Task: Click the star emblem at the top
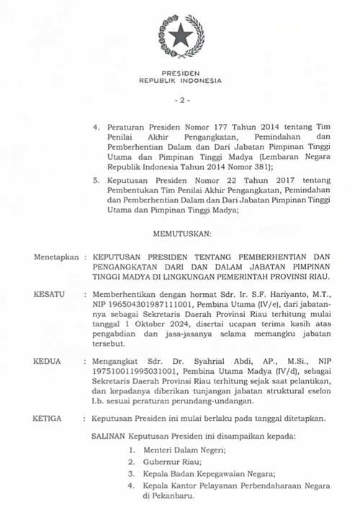(181, 37)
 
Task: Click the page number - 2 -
(181, 99)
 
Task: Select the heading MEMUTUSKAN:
(182, 234)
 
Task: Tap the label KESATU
(48, 295)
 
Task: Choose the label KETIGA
(48, 418)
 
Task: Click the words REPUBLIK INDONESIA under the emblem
(181, 81)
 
